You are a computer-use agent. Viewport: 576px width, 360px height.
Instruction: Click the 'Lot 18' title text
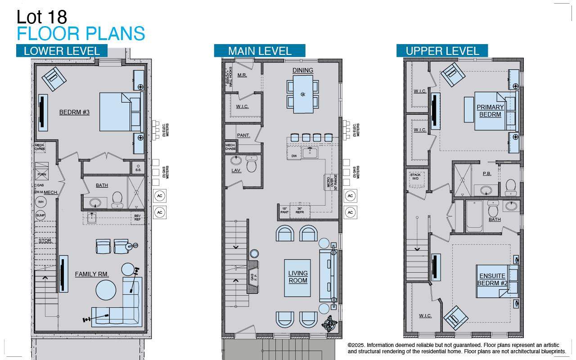[x=42, y=17]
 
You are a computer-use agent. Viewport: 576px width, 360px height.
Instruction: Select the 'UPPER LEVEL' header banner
[x=442, y=51]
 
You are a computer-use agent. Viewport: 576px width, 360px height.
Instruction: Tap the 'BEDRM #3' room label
[x=74, y=112]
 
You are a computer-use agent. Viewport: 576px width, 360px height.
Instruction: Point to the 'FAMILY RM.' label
[x=92, y=274]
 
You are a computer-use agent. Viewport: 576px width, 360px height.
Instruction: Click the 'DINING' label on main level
[x=302, y=70]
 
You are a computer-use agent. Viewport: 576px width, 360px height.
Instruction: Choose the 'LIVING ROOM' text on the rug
[x=297, y=277]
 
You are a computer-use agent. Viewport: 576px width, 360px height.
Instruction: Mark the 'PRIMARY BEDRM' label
[x=490, y=111]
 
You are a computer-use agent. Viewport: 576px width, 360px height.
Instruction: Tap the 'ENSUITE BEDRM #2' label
[x=492, y=279]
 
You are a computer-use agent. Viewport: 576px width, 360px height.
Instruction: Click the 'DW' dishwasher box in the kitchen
[x=294, y=156]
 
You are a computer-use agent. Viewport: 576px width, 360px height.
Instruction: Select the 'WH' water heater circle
[x=41, y=202]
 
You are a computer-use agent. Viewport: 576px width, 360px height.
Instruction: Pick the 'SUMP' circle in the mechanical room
[x=41, y=216]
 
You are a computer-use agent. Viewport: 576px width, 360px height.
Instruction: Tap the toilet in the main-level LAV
[x=252, y=165]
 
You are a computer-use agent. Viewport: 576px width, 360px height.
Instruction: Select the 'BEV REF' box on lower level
[x=138, y=217]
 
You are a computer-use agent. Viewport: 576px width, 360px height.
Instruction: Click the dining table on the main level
[x=303, y=94]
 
